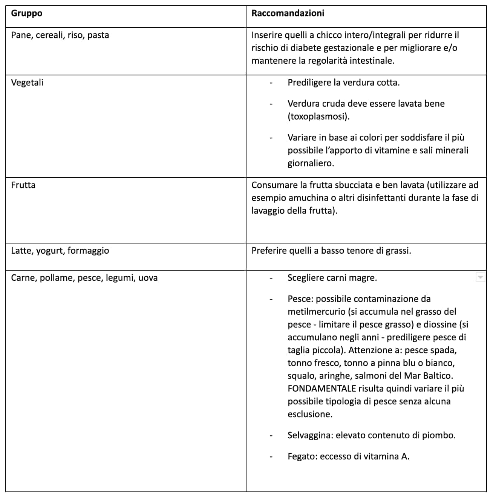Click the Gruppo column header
tap(26, 14)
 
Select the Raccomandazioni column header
tap(288, 14)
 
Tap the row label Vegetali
tap(27, 83)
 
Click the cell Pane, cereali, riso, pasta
tap(60, 35)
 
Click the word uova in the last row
tap(148, 278)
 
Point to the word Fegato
tap(302, 457)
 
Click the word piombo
tap(439, 436)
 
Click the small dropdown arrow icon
tap(480, 278)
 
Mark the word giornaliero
tap(311, 164)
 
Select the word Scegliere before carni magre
tap(305, 278)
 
